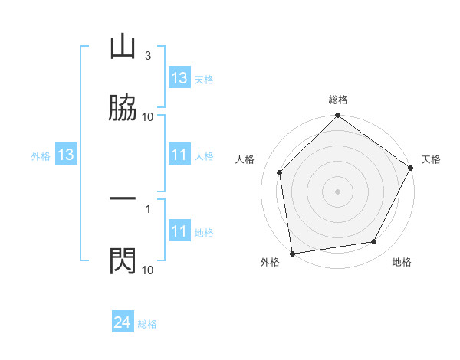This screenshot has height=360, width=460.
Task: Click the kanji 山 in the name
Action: (123, 47)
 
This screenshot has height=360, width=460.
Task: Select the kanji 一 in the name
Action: (123, 198)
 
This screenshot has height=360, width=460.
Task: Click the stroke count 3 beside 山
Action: (147, 56)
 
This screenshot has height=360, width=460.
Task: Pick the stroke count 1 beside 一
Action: (147, 208)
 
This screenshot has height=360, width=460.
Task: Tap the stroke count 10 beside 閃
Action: (147, 270)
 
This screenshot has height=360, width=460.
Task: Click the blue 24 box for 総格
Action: (123, 323)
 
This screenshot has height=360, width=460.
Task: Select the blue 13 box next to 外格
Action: (66, 155)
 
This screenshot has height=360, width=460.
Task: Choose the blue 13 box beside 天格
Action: (179, 78)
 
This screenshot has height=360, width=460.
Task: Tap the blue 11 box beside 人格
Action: (179, 155)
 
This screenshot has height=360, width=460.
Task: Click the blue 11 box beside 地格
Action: (179, 232)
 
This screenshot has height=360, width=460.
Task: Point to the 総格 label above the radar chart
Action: (338, 100)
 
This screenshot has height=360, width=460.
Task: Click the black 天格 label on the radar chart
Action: (431, 159)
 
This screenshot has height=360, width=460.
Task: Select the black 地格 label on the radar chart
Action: (402, 263)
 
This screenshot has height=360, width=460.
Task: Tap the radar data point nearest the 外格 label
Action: (292, 253)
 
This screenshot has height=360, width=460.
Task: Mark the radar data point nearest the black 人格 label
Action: (280, 172)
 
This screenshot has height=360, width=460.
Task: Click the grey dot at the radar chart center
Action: (338, 191)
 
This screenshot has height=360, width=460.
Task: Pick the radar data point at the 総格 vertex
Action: (338, 116)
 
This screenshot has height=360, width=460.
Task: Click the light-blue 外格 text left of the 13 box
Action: (41, 156)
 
